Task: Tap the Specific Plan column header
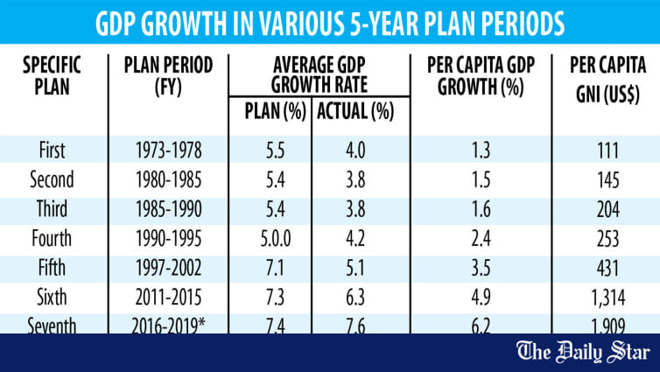click(52, 77)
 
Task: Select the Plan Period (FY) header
click(168, 77)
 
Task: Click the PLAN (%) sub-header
click(275, 111)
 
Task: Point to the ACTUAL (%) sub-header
click(355, 111)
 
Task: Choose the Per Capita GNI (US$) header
click(607, 80)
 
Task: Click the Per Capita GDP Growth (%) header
click(481, 77)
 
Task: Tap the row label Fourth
click(52, 239)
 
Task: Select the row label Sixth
click(52, 297)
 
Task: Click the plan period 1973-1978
click(168, 151)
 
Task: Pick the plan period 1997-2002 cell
click(168, 268)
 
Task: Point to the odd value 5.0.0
click(275, 239)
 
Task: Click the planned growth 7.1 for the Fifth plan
click(275, 268)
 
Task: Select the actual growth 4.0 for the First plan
click(355, 151)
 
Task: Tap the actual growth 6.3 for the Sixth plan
click(355, 297)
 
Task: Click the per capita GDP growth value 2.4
click(481, 239)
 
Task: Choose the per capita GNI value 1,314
click(607, 297)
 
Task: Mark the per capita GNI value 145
click(607, 180)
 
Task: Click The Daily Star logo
click(583, 352)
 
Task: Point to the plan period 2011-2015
click(168, 297)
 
